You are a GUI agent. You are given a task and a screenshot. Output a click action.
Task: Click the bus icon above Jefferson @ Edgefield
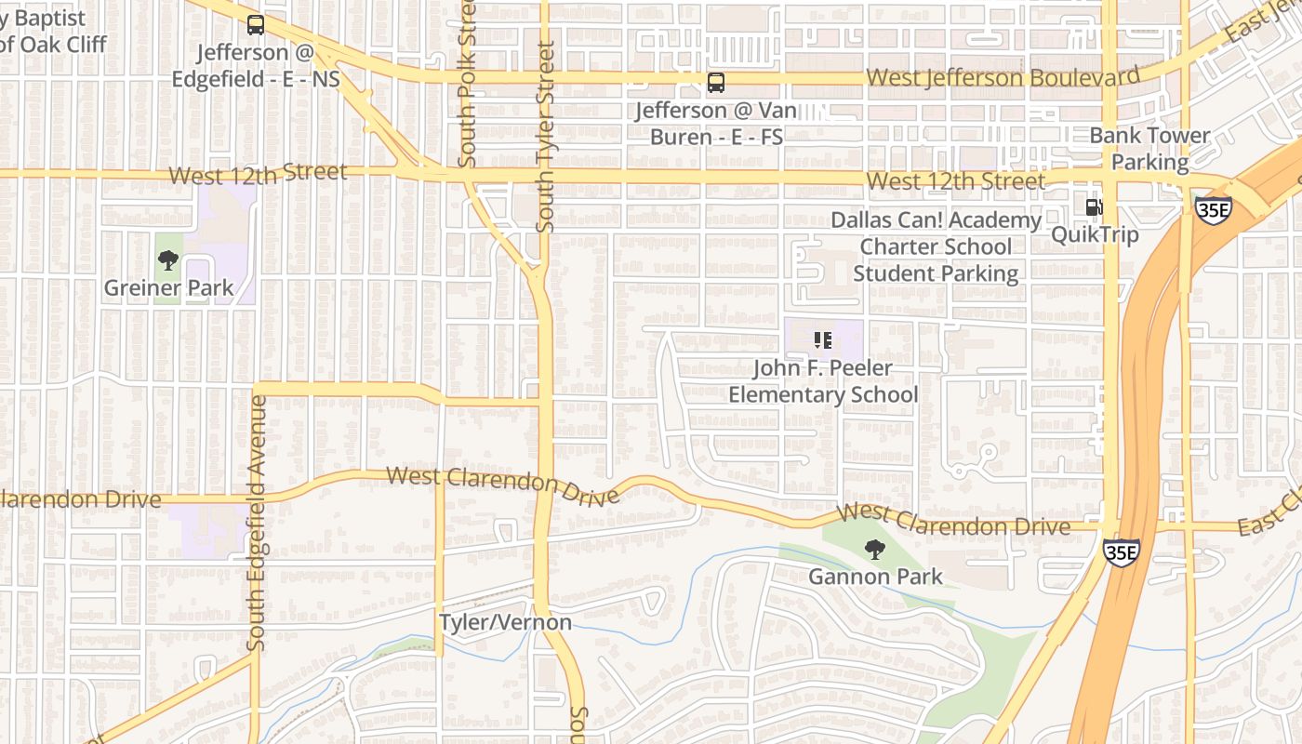(255, 25)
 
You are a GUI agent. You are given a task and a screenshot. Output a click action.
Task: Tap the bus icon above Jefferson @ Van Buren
(715, 83)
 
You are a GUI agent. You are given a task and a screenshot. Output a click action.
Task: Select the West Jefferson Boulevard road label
(1003, 77)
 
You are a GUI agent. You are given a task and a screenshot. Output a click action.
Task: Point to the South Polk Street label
(468, 84)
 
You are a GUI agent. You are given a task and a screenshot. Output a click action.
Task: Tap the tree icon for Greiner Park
(168, 260)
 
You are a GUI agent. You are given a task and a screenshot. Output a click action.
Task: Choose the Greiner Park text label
(168, 288)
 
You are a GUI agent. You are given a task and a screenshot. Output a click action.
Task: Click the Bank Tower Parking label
(1149, 149)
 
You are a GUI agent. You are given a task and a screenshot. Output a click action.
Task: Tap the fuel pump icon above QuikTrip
(1095, 206)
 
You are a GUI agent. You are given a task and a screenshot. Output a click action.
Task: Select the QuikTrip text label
(1095, 234)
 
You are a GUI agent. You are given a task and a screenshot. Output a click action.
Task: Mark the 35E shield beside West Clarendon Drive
(1121, 552)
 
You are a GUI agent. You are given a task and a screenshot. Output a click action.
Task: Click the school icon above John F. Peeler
(822, 340)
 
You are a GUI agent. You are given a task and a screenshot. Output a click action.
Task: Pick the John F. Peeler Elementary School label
(823, 381)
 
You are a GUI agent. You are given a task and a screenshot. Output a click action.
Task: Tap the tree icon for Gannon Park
(874, 550)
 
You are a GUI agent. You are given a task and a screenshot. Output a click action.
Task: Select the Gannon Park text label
(875, 577)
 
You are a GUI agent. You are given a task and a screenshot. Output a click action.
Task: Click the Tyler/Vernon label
(505, 621)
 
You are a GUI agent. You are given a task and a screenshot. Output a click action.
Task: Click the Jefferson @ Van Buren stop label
(715, 124)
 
